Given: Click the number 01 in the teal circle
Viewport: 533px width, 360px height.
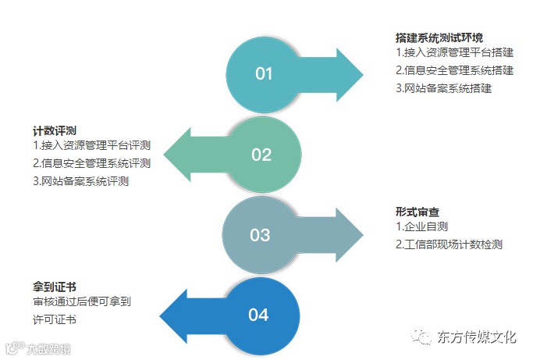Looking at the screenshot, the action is (x=264, y=74).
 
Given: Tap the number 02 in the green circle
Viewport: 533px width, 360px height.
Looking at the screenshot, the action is (x=261, y=155).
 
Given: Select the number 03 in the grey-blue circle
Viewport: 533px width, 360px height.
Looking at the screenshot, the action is (x=259, y=235).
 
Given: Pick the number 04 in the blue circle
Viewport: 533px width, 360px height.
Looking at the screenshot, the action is (x=258, y=315).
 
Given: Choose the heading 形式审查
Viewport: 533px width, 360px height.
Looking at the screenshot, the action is (x=418, y=211).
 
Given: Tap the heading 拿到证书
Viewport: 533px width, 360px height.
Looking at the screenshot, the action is (x=54, y=287).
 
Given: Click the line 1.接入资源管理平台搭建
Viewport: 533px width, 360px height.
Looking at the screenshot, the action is (x=454, y=53).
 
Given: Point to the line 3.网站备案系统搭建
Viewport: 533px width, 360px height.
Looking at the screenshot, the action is (x=443, y=88).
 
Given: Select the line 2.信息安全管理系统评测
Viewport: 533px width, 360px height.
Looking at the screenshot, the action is (x=91, y=163).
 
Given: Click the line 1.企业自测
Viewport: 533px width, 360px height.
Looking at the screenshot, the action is (x=421, y=227).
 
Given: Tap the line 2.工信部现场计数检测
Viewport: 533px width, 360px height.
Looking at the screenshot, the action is (x=449, y=245).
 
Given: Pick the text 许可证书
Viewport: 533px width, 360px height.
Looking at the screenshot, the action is (x=55, y=320).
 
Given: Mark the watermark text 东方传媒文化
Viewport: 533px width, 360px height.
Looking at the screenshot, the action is (x=478, y=338).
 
